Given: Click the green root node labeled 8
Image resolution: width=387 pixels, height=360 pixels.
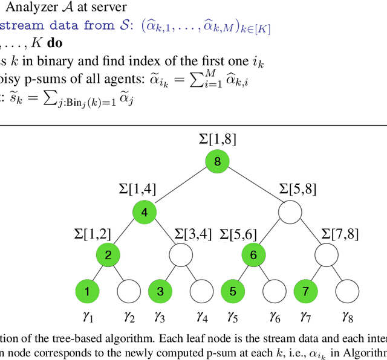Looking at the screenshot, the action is [217, 162].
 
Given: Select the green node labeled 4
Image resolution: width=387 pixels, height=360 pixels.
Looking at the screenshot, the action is [145, 212].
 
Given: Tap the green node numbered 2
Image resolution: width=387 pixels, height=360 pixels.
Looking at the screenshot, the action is [108, 254].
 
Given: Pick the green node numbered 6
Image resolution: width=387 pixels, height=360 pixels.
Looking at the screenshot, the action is [253, 254].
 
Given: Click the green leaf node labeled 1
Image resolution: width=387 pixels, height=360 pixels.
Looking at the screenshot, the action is [87, 292].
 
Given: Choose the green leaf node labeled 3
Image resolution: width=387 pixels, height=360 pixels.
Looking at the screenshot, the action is [160, 292].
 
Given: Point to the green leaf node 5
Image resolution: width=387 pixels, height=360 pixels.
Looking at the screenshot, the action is [233, 292].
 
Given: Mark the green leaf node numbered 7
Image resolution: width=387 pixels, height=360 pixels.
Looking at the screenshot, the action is [305, 292].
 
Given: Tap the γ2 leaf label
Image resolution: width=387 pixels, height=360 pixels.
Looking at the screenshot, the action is [129, 317].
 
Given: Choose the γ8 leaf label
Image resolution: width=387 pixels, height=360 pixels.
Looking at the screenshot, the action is [347, 317].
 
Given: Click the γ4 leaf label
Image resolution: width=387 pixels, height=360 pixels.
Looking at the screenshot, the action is [202, 317].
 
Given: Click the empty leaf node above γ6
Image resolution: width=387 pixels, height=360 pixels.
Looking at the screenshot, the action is [275, 292].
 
